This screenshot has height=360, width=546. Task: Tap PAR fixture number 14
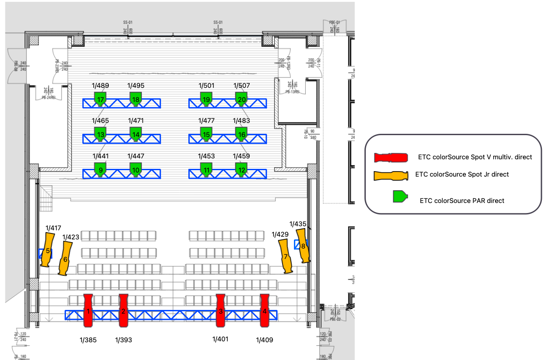click(x=136, y=134)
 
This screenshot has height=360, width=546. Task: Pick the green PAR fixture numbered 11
click(x=207, y=170)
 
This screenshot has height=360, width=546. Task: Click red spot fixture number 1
click(x=89, y=311)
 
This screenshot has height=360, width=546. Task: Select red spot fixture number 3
click(x=221, y=311)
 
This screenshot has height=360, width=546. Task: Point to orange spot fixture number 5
click(x=47, y=249)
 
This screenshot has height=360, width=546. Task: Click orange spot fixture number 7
click(x=285, y=256)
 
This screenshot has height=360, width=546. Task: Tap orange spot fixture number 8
click(x=303, y=246)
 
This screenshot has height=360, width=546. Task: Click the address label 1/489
click(x=101, y=86)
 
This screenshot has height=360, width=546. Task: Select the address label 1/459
click(x=242, y=156)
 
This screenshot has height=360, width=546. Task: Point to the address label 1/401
click(x=221, y=339)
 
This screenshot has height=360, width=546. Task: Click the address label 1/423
click(x=71, y=237)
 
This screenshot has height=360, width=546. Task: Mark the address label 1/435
click(x=298, y=223)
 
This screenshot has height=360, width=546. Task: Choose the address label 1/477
click(x=207, y=121)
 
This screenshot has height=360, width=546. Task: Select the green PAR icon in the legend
click(x=399, y=197)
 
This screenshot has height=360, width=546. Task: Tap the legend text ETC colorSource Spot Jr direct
click(x=462, y=174)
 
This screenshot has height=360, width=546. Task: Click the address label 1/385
click(x=88, y=340)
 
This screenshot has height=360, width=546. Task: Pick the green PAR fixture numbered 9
click(x=101, y=170)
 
